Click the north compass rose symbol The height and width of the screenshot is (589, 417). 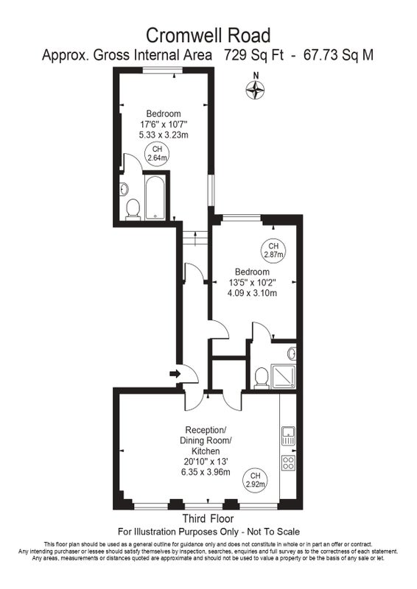tap(256, 90)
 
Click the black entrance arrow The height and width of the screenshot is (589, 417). tap(175, 374)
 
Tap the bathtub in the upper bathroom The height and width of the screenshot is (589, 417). tap(155, 198)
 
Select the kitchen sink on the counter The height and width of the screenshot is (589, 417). tap(288, 436)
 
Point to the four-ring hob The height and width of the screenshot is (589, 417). tap(288, 462)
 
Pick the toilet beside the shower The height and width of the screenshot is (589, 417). tap(262, 378)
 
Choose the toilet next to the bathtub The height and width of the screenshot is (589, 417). tap(133, 210)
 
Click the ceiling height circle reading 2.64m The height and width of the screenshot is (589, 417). tap(157, 154)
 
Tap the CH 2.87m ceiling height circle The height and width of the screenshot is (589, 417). tap(273, 250)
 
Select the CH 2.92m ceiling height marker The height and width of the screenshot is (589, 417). tap(256, 480)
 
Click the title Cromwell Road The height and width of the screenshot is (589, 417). tap(208, 35)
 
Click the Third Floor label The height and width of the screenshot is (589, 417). tap(208, 519)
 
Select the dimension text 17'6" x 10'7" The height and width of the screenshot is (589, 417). tap(164, 124)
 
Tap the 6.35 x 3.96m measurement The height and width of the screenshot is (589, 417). tap(206, 472)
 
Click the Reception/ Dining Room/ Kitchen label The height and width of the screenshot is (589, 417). tap(206, 440)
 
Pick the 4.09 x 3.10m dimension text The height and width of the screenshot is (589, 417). tap(252, 292)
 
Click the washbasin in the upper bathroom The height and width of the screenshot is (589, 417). tap(125, 189)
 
